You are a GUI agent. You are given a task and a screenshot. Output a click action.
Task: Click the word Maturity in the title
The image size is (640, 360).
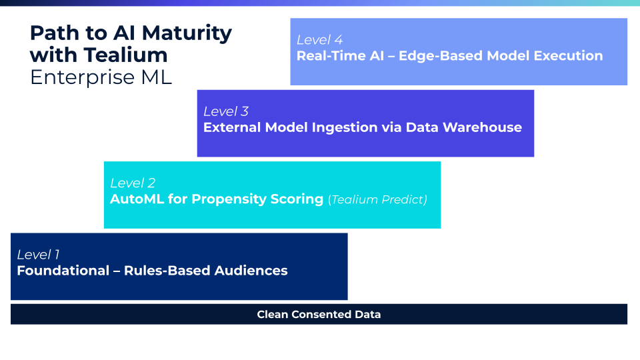pos(187,34)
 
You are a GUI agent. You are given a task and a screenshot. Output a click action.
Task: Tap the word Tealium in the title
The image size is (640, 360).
pos(126,55)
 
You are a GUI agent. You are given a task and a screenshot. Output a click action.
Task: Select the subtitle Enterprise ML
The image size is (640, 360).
pos(101,77)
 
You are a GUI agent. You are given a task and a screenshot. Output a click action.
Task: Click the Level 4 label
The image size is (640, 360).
pos(319,40)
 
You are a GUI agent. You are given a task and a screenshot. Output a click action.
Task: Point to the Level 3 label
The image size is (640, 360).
pos(226,111)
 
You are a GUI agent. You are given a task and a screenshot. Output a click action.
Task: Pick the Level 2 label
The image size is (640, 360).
pos(133,183)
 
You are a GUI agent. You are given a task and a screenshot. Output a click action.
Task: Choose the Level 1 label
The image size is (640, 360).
pos(38,255)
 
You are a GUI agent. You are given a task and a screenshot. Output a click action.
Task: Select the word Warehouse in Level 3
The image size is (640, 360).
pos(482,127)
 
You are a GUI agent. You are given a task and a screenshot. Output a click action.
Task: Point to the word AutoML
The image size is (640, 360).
pos(137,199)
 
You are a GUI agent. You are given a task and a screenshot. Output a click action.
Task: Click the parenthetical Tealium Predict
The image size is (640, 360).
pos(377,199)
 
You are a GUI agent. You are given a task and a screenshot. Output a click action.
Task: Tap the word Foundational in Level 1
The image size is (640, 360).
pos(63,271)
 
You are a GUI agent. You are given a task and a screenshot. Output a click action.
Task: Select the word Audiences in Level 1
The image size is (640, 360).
pos(251,271)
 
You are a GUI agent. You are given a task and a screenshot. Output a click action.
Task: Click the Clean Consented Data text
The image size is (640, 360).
pos(319,314)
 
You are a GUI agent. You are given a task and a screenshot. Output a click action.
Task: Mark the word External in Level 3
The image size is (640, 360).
pos(232,127)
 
